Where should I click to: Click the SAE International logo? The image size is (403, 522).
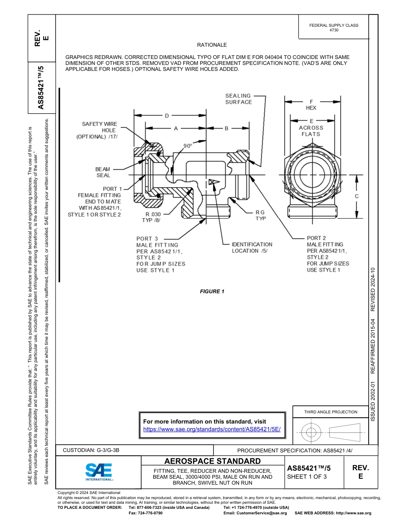(x=99, y=471)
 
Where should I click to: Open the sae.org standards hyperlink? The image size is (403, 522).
(x=212, y=429)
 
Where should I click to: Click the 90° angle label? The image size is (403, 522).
(x=188, y=146)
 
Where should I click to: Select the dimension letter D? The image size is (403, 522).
(x=167, y=115)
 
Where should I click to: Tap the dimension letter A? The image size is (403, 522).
(x=176, y=128)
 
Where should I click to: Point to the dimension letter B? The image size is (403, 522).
(x=227, y=128)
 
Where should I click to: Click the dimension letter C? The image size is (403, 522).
(x=357, y=196)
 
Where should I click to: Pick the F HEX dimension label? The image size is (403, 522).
(x=311, y=105)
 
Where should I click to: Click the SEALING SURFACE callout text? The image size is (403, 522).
(x=238, y=99)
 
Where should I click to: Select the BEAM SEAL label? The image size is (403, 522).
(x=103, y=172)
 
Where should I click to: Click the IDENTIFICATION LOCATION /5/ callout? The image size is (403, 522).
(x=252, y=247)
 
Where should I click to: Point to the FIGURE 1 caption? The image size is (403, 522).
(x=212, y=291)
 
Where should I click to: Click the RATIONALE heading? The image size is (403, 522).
(x=212, y=45)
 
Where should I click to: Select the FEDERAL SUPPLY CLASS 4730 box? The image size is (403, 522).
(x=333, y=28)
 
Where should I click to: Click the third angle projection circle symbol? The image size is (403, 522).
(x=311, y=433)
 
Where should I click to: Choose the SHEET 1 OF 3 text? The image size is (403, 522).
(x=307, y=477)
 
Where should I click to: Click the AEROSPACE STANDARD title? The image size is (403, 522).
(x=213, y=461)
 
